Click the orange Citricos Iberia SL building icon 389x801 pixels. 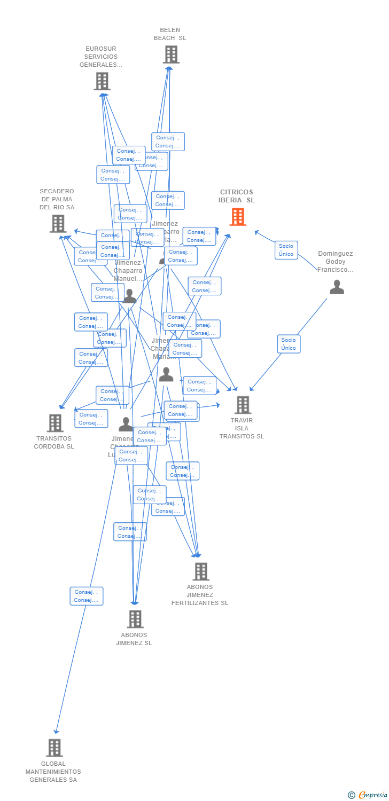[238, 217]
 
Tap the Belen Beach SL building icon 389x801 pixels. [170, 54]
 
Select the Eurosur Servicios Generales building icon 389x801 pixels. [102, 81]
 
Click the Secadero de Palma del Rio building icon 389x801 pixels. [58, 224]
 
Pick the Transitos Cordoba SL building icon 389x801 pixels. [55, 423]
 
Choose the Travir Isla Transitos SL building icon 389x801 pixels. [243, 405]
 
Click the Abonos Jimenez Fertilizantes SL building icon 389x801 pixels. [200, 571]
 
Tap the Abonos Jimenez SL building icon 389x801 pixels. [135, 619]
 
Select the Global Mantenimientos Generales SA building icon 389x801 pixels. [54, 748]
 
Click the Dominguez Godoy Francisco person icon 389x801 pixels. [337, 287]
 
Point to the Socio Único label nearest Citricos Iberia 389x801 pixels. [286, 250]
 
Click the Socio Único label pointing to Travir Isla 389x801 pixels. [289, 344]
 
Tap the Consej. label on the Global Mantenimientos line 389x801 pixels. [86, 596]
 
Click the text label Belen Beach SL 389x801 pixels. [170, 34]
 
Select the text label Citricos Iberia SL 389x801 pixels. [236, 196]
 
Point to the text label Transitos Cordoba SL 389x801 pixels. [54, 443]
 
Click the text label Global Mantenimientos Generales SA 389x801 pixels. [53, 772]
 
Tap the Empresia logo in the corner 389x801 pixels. [369, 795]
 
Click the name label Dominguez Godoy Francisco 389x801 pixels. [336, 262]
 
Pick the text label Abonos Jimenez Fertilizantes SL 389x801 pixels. [200, 595]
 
